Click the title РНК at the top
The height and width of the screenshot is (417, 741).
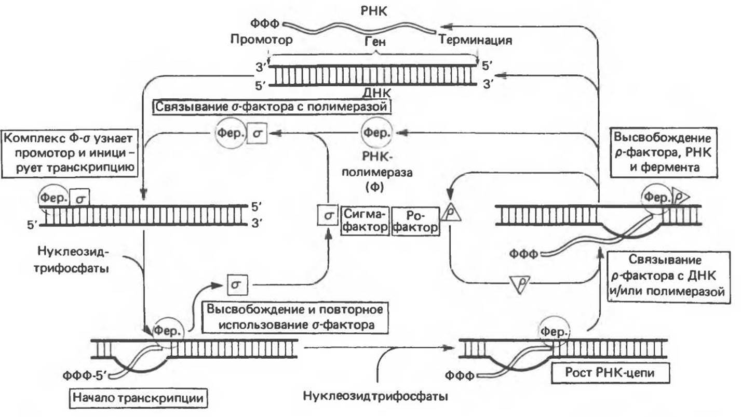(373, 11)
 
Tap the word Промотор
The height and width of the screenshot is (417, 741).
(261, 40)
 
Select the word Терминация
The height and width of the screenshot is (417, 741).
(475, 40)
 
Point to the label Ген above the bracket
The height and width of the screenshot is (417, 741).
(375, 42)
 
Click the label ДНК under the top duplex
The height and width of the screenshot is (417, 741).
(376, 93)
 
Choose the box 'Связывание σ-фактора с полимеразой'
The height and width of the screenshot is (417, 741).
(272, 107)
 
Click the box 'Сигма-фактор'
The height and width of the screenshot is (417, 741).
(365, 221)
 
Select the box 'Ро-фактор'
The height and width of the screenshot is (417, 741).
(415, 221)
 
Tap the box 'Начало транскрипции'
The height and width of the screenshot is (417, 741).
(138, 398)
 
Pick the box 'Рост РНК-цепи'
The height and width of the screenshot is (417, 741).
(610, 373)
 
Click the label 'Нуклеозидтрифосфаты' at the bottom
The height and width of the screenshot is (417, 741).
(376, 396)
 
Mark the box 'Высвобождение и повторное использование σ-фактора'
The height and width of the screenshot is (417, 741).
(295, 317)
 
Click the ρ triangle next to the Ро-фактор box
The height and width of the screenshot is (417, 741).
(450, 213)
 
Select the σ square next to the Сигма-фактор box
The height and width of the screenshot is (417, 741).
(328, 215)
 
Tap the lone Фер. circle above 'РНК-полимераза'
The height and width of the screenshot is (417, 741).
(376, 133)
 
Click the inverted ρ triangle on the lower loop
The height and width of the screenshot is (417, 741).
(520, 283)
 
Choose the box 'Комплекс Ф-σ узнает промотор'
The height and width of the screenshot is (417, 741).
(70, 153)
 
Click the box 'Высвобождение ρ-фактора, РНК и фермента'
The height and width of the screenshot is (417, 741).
(664, 153)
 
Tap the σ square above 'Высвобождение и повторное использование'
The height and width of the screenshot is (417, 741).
(237, 284)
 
